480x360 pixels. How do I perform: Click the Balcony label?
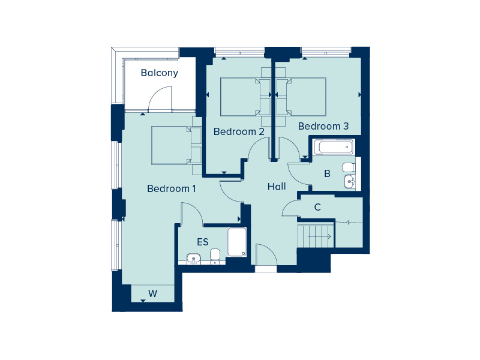159,73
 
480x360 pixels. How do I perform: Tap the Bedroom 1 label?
172,188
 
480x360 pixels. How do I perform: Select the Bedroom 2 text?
239,131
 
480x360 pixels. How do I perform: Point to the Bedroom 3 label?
323,126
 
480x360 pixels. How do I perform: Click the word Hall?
277,187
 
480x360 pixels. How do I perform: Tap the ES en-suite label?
203,242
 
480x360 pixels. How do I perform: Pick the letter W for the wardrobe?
153,294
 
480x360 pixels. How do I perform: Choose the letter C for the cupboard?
317,208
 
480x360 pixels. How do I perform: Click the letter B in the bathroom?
327,174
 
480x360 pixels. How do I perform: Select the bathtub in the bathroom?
334,147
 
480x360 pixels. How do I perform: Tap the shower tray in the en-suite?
237,242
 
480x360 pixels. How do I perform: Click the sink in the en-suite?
193,259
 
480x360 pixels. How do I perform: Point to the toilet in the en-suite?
215,255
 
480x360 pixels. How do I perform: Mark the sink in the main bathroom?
350,181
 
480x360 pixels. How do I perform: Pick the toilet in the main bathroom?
349,167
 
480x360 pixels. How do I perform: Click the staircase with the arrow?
316,236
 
